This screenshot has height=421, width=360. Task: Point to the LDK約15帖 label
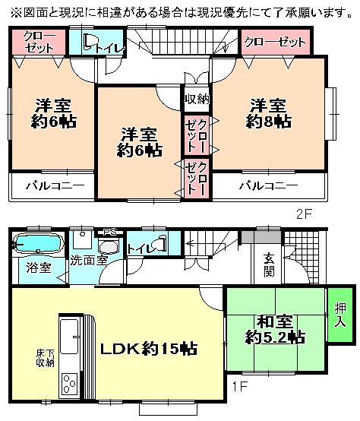[x=150, y=349]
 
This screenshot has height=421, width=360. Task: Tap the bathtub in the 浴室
[x=39, y=245]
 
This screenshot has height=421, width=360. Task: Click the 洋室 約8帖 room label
[x=270, y=112]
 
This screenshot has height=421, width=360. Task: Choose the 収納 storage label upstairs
[x=196, y=99]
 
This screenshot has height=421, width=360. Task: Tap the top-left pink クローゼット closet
[x=37, y=41]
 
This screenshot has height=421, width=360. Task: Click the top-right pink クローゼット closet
[x=276, y=42]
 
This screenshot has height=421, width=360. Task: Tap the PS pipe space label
[x=110, y=232]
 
